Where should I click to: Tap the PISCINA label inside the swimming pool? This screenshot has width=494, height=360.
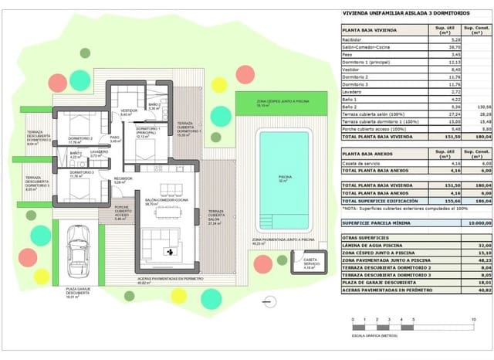pos(286,177)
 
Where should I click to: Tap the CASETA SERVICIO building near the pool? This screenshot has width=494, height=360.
pos(311,265)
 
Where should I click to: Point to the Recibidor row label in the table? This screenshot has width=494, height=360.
pos(354,39)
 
